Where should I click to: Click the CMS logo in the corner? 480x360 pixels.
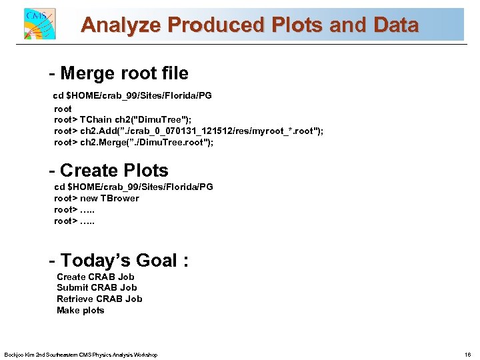pyautogui.click(x=39, y=24)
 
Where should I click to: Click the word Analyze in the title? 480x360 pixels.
pyautogui.click(x=121, y=25)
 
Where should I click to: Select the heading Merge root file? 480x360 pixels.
pyautogui.click(x=119, y=73)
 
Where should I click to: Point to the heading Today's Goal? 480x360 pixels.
pyautogui.click(x=119, y=260)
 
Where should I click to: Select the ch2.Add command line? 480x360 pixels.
pyautogui.click(x=189, y=131)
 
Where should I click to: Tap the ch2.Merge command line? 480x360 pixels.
pyautogui.click(x=133, y=142)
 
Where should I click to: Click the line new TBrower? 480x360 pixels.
pyautogui.click(x=97, y=198)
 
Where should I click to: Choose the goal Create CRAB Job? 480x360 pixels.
pyautogui.click(x=95, y=277)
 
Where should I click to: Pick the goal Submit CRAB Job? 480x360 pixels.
pyautogui.click(x=97, y=288)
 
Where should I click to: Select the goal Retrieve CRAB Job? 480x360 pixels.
pyautogui.click(x=99, y=299)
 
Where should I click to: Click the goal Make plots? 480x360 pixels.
pyautogui.click(x=81, y=310)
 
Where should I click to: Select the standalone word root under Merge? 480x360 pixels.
pyautogui.click(x=63, y=108)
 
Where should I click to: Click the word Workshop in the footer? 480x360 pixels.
pyautogui.click(x=146, y=355)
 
